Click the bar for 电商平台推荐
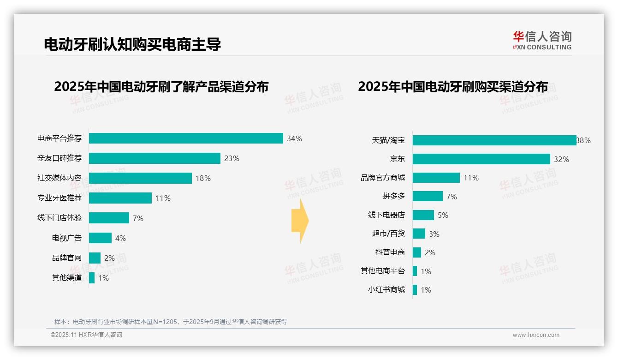[186, 138]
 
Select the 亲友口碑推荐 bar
[154, 158]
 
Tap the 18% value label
[203, 178]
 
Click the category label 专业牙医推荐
[59, 198]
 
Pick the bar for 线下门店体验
[109, 218]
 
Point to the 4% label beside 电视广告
[120, 238]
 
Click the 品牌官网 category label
[67, 258]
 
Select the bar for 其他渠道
[92, 278]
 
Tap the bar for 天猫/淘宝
[494, 140]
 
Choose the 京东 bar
[481, 159]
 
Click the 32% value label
[561, 159]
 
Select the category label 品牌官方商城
[383, 178]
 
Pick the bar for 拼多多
[428, 197]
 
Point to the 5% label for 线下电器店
[443, 215]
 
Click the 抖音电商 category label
[390, 252]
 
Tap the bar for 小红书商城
[415, 290]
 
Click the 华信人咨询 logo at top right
[542, 40]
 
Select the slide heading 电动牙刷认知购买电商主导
[132, 44]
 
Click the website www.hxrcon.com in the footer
[536, 335]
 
